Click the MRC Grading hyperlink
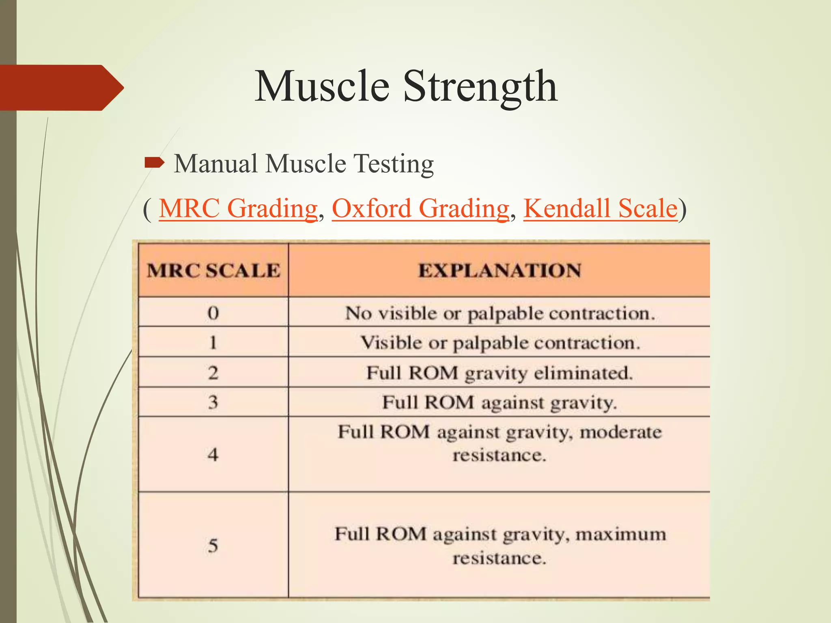[x=238, y=208]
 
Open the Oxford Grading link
[x=420, y=208]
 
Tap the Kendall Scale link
[x=601, y=208]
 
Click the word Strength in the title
[x=480, y=86]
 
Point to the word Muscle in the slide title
[x=322, y=86]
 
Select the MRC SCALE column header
[x=213, y=271]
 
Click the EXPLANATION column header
[x=500, y=271]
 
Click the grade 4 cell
[x=213, y=455]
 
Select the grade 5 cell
[x=213, y=546]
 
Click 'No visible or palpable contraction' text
[x=500, y=314]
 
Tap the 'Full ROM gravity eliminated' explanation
[x=500, y=373]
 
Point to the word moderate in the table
[x=621, y=432]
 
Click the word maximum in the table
[x=621, y=534]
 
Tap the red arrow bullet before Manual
[x=155, y=163]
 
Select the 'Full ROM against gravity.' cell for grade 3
[x=500, y=403]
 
